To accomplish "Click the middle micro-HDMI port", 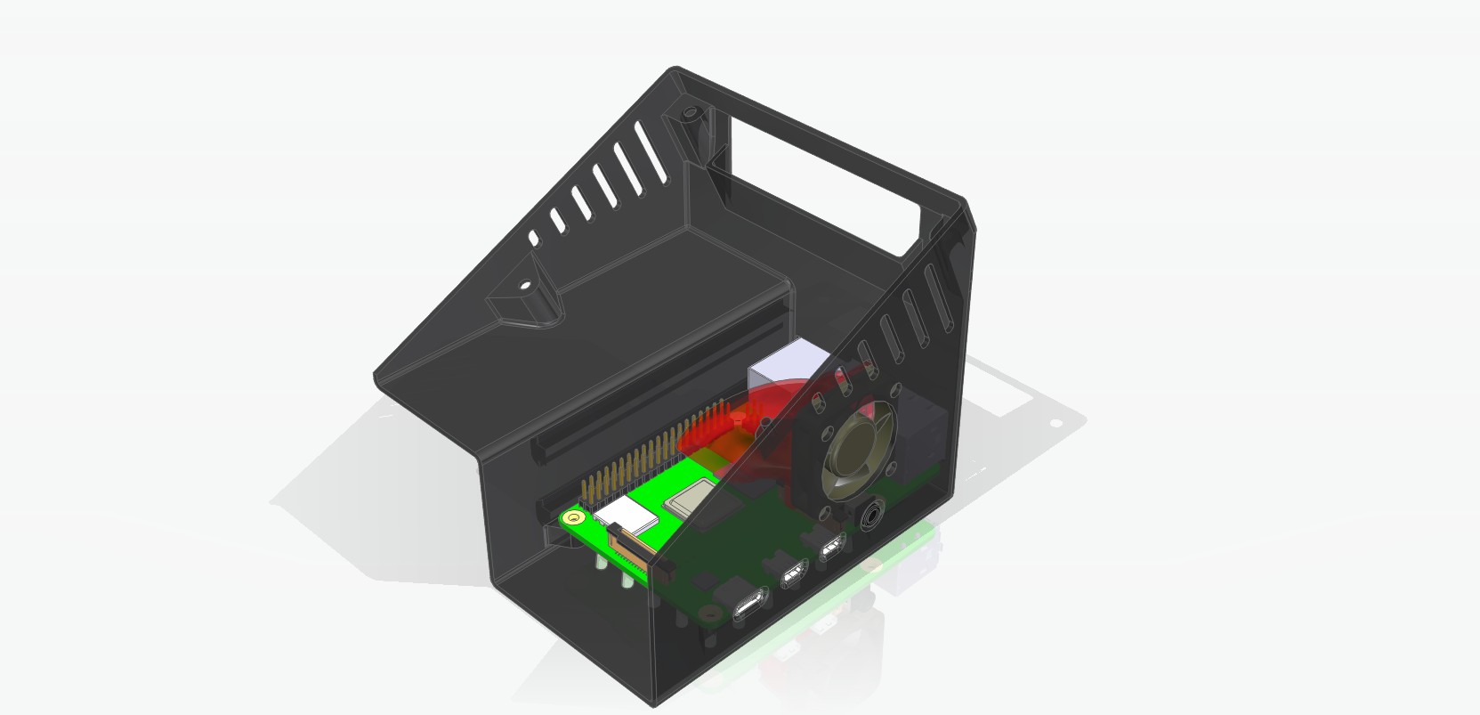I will point(791,578).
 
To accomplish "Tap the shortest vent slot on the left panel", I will point(534,239).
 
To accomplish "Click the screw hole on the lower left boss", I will point(524,287).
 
